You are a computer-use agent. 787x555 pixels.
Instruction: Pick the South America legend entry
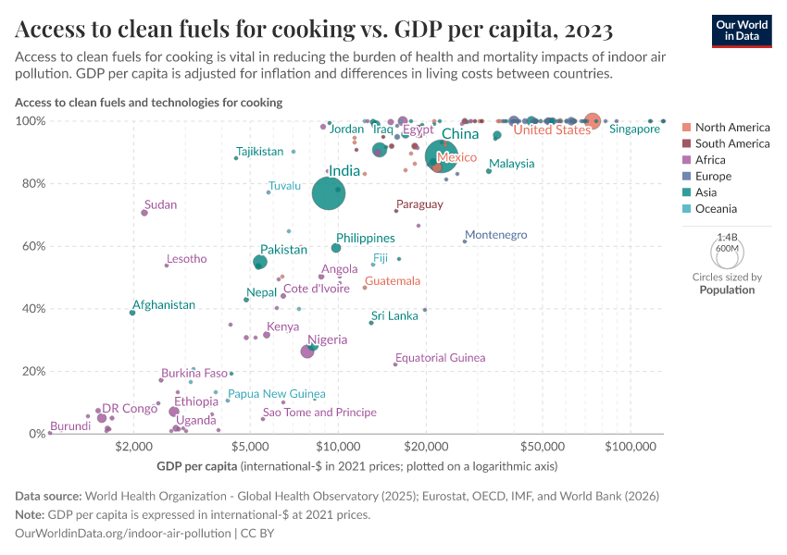click(x=731, y=143)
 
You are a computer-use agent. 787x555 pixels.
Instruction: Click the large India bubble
click(x=328, y=193)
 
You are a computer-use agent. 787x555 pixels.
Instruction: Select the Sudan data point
click(x=144, y=213)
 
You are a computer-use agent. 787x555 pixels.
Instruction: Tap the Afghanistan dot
click(x=132, y=313)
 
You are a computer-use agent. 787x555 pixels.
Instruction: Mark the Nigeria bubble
click(x=307, y=351)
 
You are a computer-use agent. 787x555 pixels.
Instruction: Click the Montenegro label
click(x=495, y=235)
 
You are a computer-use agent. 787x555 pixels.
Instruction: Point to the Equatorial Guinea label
click(x=440, y=358)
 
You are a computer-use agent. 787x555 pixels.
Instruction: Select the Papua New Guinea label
click(x=276, y=394)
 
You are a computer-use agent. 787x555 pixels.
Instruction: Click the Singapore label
click(x=634, y=129)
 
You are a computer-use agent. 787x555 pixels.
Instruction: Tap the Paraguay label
click(x=419, y=204)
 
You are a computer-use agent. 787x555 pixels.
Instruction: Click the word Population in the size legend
click(x=727, y=290)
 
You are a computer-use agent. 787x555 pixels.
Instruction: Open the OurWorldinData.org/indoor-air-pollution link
click(x=124, y=534)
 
